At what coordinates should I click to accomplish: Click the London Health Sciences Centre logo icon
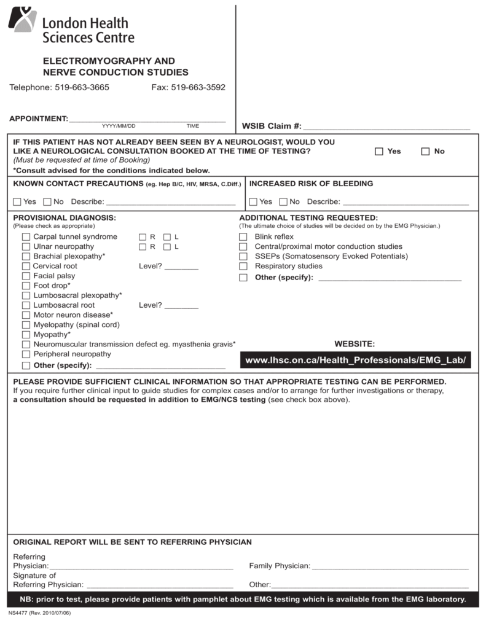[x=22, y=20]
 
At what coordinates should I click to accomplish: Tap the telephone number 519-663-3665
[x=82, y=87]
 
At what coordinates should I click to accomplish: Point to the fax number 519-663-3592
[x=198, y=87]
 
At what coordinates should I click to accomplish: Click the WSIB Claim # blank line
[x=386, y=127]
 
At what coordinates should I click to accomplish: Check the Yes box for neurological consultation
[x=379, y=151]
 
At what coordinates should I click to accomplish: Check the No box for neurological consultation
[x=425, y=151]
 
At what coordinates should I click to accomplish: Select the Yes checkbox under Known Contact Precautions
[x=17, y=201]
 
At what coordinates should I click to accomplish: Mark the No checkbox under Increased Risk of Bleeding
[x=283, y=201]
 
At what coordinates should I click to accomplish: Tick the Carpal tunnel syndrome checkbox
[x=26, y=237]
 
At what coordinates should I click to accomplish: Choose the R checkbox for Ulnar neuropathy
[x=143, y=247]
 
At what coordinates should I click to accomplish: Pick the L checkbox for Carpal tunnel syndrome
[x=167, y=237]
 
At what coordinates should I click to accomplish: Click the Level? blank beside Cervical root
[x=181, y=267]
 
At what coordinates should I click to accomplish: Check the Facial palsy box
[x=26, y=276]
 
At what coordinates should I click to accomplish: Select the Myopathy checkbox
[x=26, y=335]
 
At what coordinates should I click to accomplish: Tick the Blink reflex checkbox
[x=243, y=237]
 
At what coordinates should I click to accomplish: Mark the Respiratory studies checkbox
[x=243, y=267]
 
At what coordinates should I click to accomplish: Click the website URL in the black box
[x=356, y=359]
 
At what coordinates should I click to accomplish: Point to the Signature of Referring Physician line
[x=160, y=585]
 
